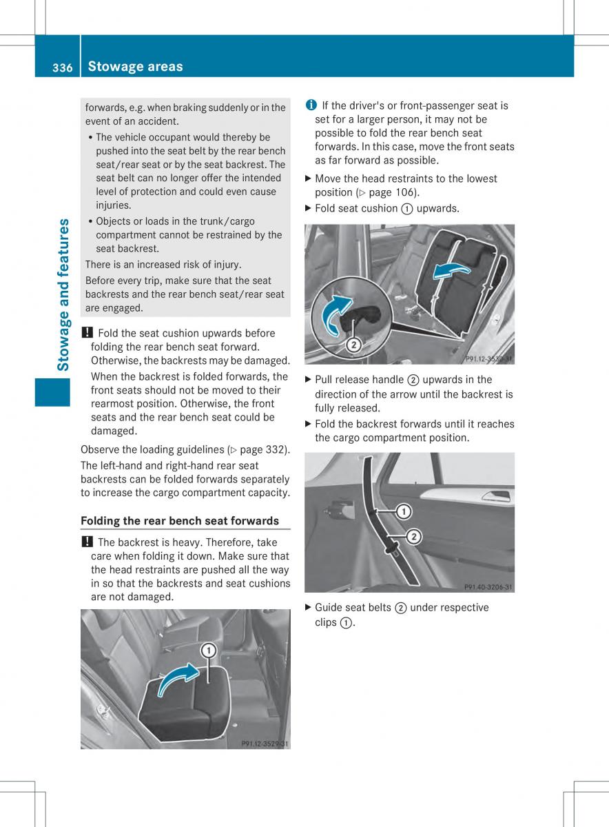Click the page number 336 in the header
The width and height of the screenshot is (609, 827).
[x=62, y=67]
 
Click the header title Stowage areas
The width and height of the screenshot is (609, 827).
[x=136, y=66]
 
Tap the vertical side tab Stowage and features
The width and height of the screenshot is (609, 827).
[x=63, y=294]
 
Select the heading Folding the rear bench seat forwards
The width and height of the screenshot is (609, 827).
[x=180, y=520]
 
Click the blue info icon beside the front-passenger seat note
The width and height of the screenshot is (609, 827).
[x=311, y=105]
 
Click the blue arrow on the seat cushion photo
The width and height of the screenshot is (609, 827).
[x=181, y=679]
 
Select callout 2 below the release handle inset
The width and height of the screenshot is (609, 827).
[x=353, y=345]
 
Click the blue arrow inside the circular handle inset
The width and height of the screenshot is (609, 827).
[x=336, y=316]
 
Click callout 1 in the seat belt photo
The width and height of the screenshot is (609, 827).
[x=403, y=511]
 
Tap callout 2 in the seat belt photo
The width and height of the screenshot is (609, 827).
[x=414, y=537]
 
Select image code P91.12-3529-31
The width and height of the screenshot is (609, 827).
[x=265, y=744]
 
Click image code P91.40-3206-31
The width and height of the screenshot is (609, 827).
[x=488, y=587]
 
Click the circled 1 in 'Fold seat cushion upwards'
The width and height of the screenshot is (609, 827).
[x=406, y=208]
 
